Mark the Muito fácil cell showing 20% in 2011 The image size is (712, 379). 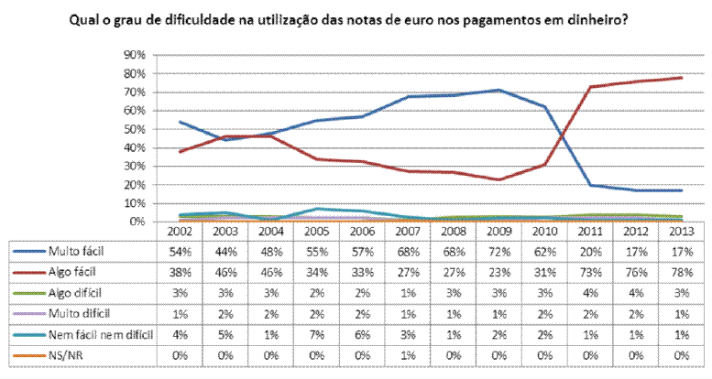(x=589, y=250)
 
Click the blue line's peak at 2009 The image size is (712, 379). (x=497, y=90)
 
